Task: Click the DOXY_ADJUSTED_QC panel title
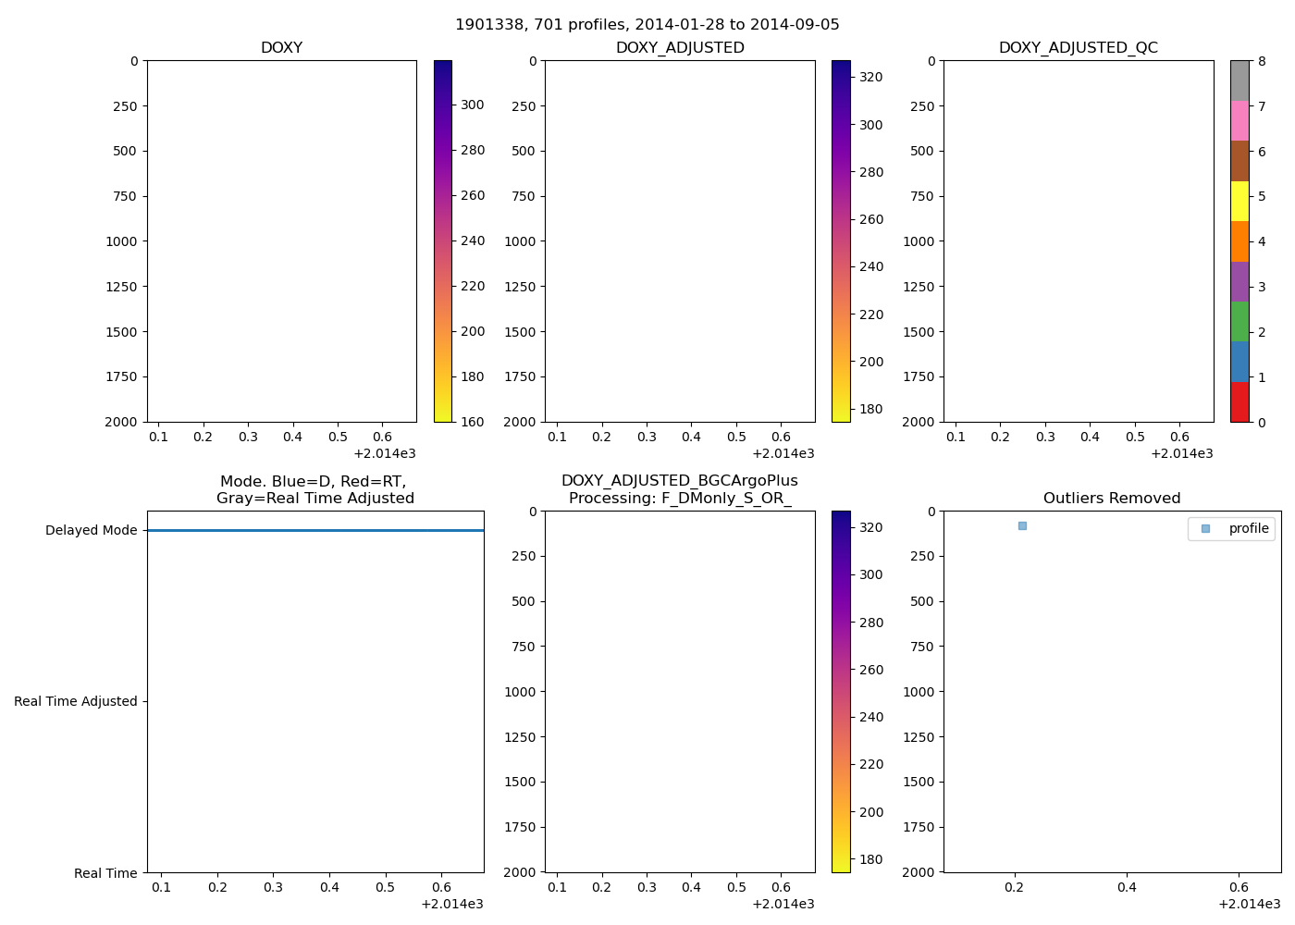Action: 1078,48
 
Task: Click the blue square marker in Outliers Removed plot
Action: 1022,525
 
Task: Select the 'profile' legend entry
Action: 1248,528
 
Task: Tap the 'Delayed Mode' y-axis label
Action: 91,530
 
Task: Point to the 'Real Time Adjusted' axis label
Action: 76,701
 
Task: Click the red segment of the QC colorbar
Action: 1239,402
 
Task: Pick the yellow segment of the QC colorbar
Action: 1239,201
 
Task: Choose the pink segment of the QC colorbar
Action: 1239,120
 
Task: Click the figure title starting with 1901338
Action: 647,25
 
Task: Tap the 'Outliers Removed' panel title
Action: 1112,499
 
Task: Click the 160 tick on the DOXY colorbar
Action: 473,422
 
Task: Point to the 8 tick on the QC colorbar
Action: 1262,61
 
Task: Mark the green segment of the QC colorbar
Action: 1239,321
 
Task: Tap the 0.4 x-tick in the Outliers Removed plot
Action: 1127,887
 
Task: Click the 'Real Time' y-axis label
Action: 105,873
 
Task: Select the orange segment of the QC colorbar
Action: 1239,241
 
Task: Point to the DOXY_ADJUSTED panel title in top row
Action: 680,48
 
